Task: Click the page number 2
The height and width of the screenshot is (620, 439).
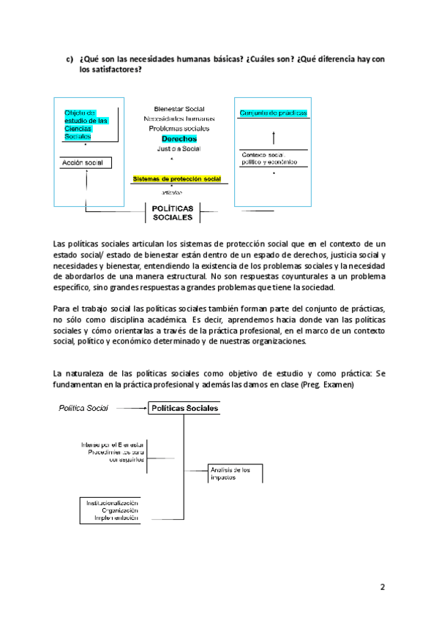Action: [382, 586]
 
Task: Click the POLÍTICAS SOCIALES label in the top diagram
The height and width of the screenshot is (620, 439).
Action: [173, 212]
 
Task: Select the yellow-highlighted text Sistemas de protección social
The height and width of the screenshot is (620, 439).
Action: [176, 178]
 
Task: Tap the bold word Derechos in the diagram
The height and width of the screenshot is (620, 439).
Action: [179, 138]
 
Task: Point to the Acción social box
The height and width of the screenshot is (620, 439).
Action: [85, 162]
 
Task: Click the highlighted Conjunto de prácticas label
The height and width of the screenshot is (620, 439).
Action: [273, 113]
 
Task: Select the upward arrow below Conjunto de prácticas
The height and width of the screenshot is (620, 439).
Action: [273, 137]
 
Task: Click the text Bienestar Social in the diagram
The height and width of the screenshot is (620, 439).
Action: [179, 108]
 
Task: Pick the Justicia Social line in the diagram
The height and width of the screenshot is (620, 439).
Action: [179, 148]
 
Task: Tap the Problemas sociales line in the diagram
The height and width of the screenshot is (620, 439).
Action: [179, 128]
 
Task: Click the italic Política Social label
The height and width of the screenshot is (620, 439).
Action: [83, 409]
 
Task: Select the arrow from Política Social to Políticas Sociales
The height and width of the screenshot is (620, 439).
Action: [129, 409]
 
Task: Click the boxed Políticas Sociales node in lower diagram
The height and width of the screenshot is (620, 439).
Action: [184, 409]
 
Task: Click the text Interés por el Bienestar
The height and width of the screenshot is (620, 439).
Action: [113, 445]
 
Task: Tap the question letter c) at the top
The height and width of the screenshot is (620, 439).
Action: [70, 59]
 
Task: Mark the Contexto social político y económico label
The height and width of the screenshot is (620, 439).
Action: [269, 158]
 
